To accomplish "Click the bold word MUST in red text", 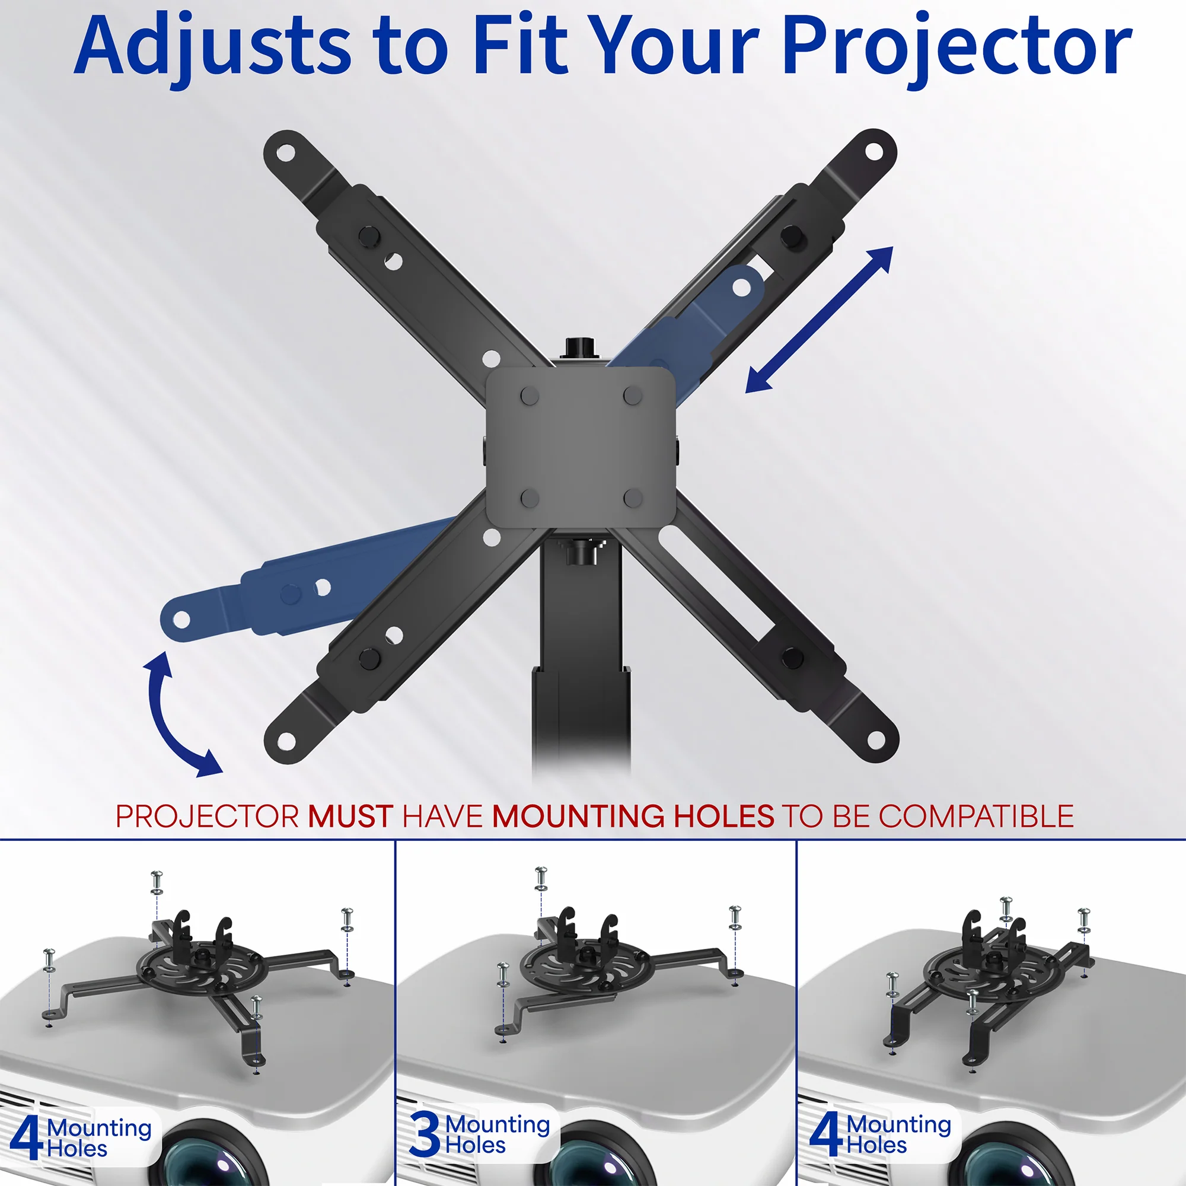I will click(350, 817).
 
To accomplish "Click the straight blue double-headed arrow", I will click(819, 319).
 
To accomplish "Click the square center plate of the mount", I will click(581, 448).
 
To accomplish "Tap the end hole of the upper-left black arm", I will click(285, 153).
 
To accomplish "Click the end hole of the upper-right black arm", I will click(873, 151).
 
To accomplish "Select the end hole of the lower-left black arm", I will click(286, 742).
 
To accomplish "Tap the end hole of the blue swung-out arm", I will click(181, 620).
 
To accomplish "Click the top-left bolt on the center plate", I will click(529, 396).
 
